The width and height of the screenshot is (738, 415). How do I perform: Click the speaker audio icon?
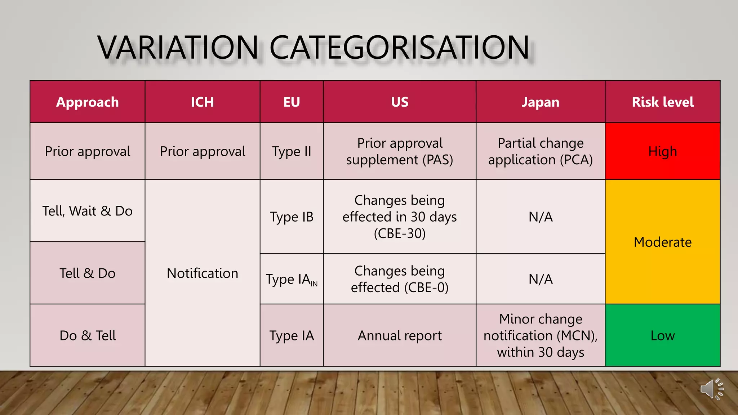coord(712,389)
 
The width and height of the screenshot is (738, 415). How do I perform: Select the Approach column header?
coord(88,102)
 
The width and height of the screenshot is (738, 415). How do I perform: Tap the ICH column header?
coord(202,102)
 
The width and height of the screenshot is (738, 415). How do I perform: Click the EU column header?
coord(292,102)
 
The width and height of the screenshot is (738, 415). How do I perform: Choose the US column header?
coord(400,102)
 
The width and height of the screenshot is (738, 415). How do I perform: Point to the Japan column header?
coord(540,102)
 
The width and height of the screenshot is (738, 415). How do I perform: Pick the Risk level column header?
coord(662,102)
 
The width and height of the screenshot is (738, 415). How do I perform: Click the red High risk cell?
coord(662,151)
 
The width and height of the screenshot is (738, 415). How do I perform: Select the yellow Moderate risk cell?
coord(662,242)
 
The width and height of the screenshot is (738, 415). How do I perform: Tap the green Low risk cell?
coord(662,335)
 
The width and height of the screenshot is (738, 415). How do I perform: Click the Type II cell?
coord(292,151)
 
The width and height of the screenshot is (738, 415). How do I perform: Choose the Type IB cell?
coord(292,217)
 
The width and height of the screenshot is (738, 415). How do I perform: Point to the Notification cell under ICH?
coord(202,273)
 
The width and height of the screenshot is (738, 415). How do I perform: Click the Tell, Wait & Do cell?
coord(88,211)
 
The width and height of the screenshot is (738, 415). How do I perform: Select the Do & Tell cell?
coord(88,335)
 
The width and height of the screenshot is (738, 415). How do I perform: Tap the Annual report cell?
coord(400,335)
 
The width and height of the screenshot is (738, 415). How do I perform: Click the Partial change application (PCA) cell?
coord(540,151)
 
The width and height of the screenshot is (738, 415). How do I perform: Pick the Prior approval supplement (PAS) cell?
coord(400,151)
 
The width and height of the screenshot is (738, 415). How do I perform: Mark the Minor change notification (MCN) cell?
coord(540,335)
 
